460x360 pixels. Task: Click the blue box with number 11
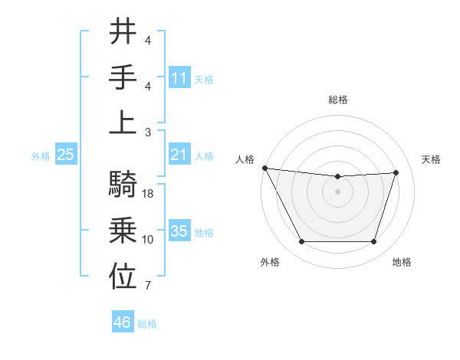[x=179, y=77]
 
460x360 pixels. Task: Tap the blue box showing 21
[x=179, y=155]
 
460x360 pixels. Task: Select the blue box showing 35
[x=179, y=231]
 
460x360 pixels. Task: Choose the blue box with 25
[x=66, y=155]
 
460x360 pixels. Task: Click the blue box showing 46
[x=123, y=322]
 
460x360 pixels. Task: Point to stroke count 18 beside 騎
[x=149, y=195]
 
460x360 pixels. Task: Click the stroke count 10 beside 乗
[x=148, y=240]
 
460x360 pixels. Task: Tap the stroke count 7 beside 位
[x=148, y=286]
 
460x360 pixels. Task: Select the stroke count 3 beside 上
[x=148, y=132]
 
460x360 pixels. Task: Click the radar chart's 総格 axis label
[x=338, y=100]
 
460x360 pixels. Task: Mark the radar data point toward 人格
[x=264, y=168]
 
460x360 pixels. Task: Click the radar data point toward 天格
[x=396, y=172]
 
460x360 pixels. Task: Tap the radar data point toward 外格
[x=301, y=242]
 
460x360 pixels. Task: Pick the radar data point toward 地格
[x=374, y=242]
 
